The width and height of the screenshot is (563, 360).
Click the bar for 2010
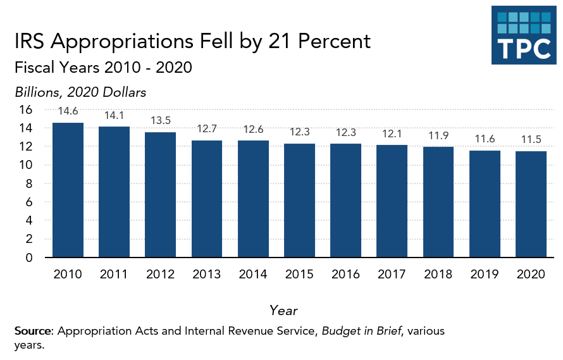pos(68,190)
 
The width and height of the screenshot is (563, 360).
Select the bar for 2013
pos(207,199)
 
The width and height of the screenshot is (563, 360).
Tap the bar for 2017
pos(392,201)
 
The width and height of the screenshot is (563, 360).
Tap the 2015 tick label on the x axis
pos(299,275)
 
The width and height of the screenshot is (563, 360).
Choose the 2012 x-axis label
pos(160,275)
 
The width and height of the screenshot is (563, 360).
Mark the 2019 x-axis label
pos(485,275)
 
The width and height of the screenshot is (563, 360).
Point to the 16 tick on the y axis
pos(25,109)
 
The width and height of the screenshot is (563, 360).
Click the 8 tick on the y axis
pos(28,183)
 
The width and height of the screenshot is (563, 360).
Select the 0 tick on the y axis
pos(28,258)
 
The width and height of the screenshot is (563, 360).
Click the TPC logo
pos(524,35)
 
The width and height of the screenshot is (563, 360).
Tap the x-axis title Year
pos(283,310)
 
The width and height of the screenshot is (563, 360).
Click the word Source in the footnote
pos(34,331)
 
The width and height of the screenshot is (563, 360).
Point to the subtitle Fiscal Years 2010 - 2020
pos(103,67)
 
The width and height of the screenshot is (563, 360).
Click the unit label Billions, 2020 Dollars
pos(80,92)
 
